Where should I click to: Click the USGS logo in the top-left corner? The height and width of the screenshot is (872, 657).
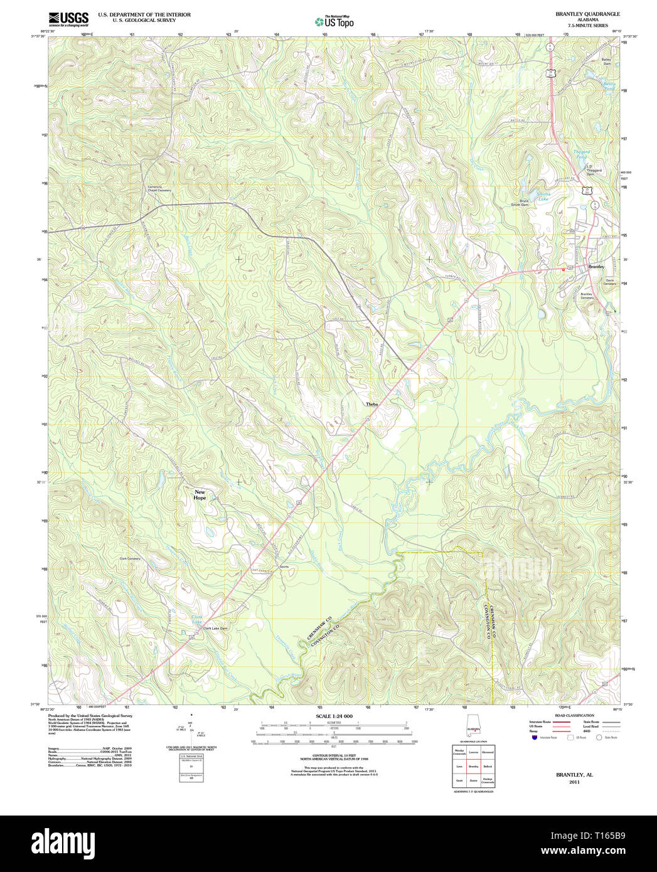pos(68,18)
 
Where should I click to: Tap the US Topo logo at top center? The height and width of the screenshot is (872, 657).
pos(334,21)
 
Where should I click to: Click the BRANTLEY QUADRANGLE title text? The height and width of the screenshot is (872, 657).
pos(579,14)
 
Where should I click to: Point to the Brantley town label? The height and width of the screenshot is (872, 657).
pos(596,267)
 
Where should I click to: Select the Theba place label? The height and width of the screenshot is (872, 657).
pos(372,405)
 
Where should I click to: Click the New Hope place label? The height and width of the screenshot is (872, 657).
pos(200,495)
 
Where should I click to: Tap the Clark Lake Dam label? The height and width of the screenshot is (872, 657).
pos(215,628)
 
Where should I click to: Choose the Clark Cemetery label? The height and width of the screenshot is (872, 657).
pos(130,558)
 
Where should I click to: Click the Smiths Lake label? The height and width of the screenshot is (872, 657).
pos(543,197)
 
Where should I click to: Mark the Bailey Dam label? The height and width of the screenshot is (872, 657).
pos(607,61)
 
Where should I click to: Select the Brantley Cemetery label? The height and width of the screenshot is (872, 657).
pos(586,295)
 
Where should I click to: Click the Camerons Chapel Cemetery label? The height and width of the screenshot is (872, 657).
pos(159,189)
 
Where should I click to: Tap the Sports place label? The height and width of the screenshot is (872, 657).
pos(284,566)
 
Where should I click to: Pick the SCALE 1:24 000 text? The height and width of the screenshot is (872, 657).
pos(334,716)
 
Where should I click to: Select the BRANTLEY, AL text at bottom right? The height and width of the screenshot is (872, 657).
pos(574,775)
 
